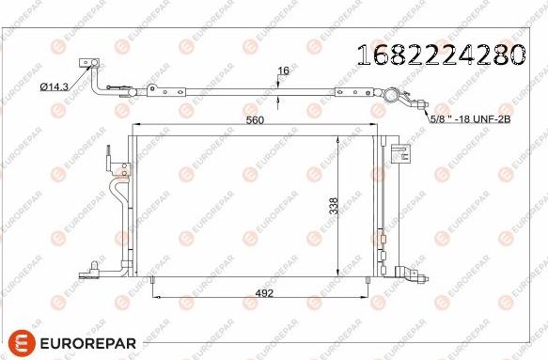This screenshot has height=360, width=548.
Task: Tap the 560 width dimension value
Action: pyautogui.click(x=255, y=120)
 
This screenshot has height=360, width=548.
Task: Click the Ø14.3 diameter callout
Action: pyautogui.click(x=55, y=86)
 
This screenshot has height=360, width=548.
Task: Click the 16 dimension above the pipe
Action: pyautogui.click(x=282, y=70)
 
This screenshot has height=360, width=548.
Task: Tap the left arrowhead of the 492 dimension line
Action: pyautogui.click(x=156, y=298)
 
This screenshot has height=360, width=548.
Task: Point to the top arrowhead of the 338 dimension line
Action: pyautogui.click(x=339, y=138)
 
